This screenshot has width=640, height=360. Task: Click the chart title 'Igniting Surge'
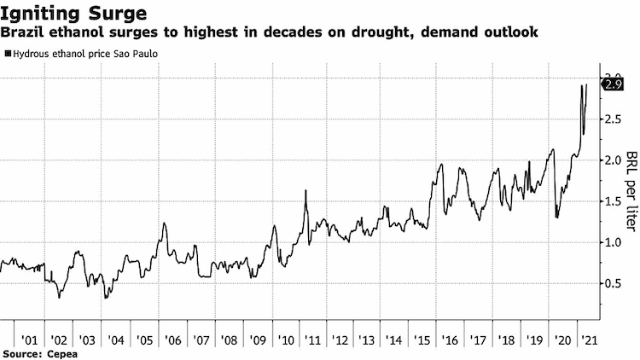(x=73, y=14)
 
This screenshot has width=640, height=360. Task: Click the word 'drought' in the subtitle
(x=375, y=32)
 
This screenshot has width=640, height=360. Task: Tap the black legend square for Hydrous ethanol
(x=8, y=54)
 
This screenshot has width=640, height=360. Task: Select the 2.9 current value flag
(x=613, y=84)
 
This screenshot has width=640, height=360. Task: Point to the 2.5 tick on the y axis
(x=612, y=119)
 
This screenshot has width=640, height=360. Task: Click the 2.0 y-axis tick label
(x=612, y=160)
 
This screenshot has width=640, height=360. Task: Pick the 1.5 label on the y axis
(x=612, y=201)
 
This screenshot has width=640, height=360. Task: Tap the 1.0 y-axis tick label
(x=612, y=242)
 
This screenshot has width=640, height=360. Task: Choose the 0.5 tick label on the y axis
(x=612, y=283)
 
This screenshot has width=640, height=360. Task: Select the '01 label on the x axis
(x=29, y=340)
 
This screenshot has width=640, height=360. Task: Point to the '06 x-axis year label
(x=172, y=340)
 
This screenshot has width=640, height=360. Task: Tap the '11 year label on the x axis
(x=312, y=340)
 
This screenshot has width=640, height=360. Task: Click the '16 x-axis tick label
(x=450, y=340)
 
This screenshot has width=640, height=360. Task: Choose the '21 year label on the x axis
(x=589, y=340)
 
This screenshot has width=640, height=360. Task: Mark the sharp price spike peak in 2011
(x=305, y=190)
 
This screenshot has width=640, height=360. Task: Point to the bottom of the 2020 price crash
(x=556, y=218)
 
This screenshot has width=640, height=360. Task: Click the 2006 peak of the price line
(x=164, y=223)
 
